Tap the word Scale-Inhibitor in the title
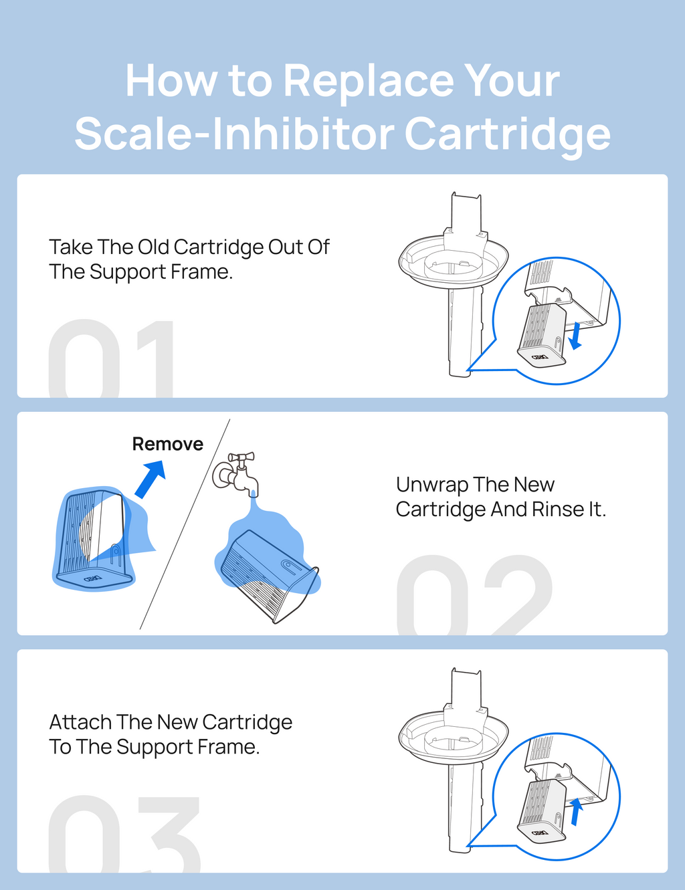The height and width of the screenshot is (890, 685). [235, 134]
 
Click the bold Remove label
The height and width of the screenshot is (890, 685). [167, 444]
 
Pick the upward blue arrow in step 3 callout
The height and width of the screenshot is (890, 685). [576, 812]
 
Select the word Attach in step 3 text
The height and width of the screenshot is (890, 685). [80, 722]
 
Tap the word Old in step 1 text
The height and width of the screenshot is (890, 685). [153, 247]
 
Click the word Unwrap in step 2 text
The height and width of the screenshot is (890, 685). [431, 485]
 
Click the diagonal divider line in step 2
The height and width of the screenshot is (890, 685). [185, 524]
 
